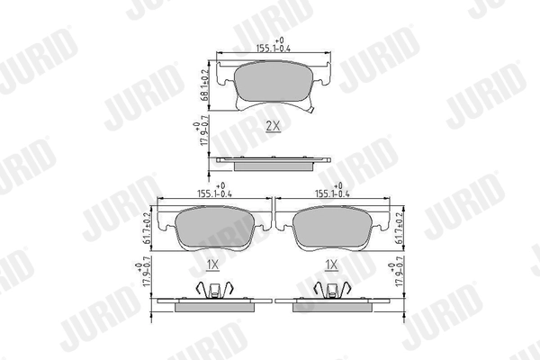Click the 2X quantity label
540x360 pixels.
pyautogui.click(x=273, y=127)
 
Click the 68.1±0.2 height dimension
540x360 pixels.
pyautogui.click(x=204, y=82)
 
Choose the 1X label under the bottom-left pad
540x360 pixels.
pyautogui.click(x=213, y=265)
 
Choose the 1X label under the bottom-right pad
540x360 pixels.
pyautogui.click(x=331, y=265)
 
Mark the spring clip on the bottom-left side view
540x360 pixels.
pyautogui.click(x=213, y=290)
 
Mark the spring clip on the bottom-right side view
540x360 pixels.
pyautogui.click(x=330, y=290)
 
